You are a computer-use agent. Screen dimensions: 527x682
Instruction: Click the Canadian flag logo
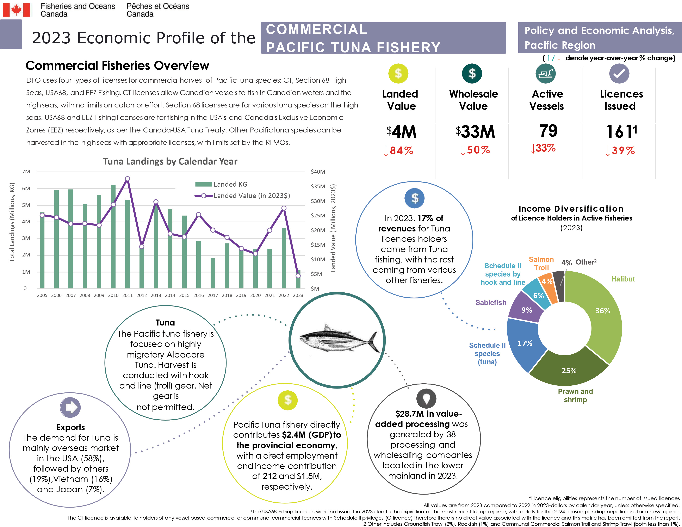(16, 10)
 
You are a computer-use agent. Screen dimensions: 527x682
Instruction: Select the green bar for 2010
(113, 237)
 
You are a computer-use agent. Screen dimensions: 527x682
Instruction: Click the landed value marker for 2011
(127, 179)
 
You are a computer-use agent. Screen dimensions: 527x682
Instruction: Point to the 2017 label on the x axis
(213, 295)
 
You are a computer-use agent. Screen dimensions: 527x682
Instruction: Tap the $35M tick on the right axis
(318, 186)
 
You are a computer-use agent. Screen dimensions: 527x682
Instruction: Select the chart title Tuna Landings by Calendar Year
(170, 161)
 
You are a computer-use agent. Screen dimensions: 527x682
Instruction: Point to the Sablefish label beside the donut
(491, 303)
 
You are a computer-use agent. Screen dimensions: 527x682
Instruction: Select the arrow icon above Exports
(70, 407)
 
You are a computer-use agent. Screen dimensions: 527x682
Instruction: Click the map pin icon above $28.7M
(426, 399)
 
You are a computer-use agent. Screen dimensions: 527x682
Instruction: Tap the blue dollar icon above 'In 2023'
(414, 198)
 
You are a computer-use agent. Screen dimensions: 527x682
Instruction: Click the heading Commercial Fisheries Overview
(117, 66)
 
